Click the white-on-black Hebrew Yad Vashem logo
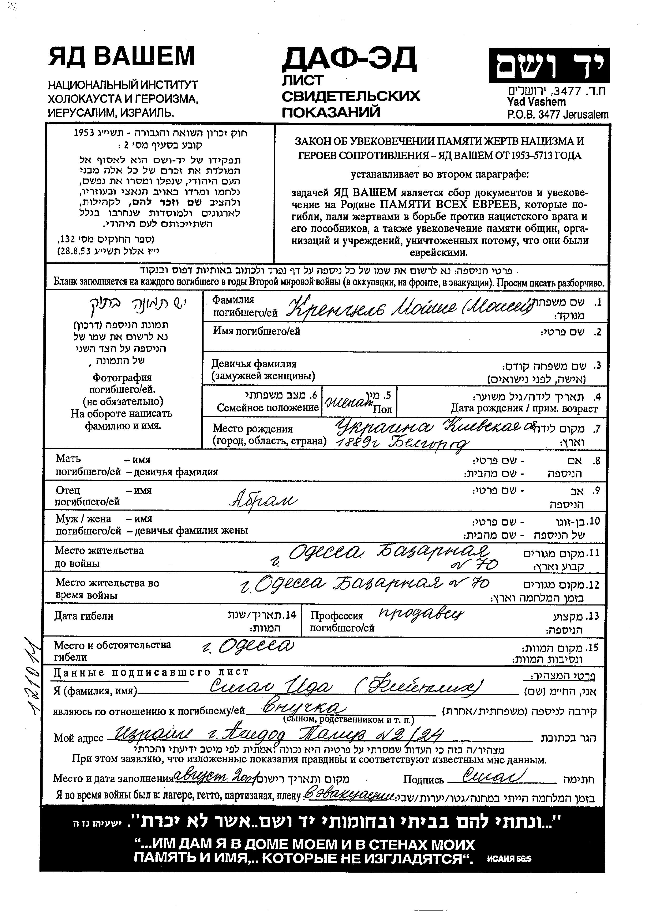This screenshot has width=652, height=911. pyautogui.click(x=549, y=65)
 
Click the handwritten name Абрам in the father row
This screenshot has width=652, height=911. pyautogui.click(x=263, y=501)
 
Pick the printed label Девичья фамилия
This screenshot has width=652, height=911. pyautogui.click(x=254, y=364)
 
